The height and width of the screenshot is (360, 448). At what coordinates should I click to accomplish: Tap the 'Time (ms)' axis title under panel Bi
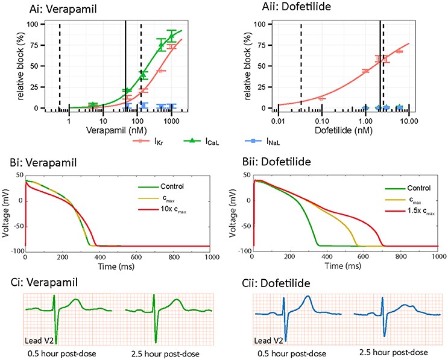115,265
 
